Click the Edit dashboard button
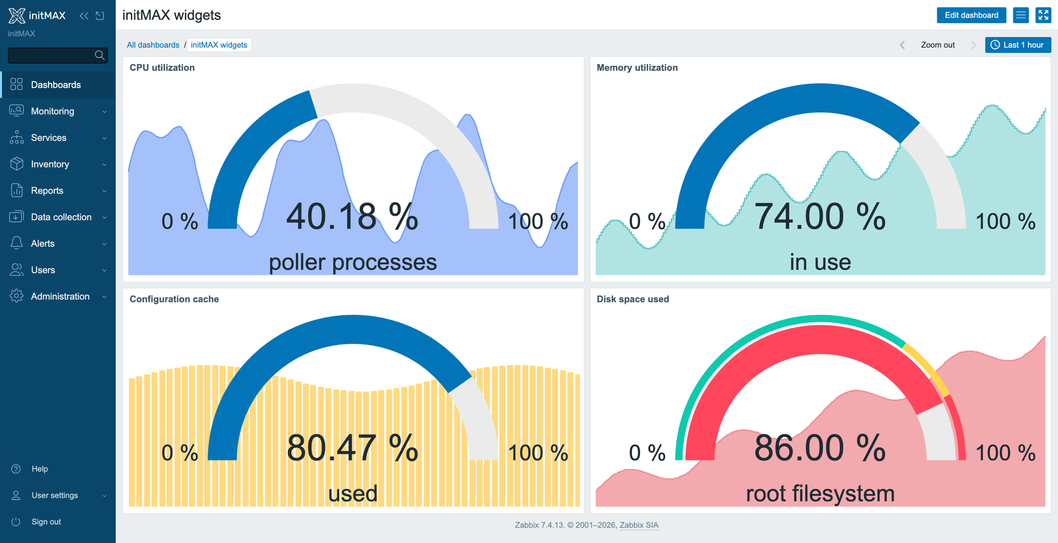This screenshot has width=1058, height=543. [971, 15]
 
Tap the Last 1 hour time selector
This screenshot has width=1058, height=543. [1018, 45]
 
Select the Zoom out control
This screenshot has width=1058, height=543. [938, 45]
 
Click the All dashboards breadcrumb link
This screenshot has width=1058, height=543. [153, 45]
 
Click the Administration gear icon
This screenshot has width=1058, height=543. [16, 296]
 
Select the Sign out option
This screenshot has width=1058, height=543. [46, 522]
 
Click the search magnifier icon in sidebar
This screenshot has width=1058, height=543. [100, 55]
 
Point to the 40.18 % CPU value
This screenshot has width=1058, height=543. [352, 217]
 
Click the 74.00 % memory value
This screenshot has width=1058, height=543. [820, 217]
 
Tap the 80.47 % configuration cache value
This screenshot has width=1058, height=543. [352, 448]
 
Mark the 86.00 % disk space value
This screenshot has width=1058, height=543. [820, 448]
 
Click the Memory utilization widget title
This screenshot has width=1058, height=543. [637, 67]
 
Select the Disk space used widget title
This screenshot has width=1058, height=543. [633, 299]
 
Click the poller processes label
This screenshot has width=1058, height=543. [353, 262]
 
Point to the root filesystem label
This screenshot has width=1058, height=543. [820, 494]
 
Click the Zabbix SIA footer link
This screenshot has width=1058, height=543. [639, 525]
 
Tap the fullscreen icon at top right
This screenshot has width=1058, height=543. [1043, 15]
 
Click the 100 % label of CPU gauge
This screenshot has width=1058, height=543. [538, 221]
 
